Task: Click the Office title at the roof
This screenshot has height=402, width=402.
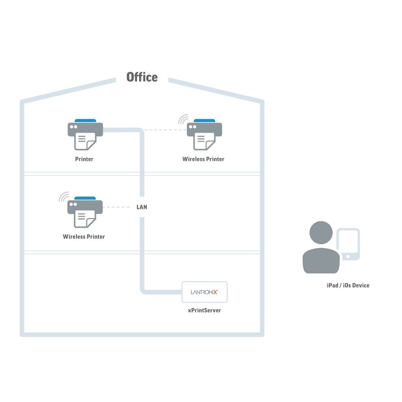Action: point(142,77)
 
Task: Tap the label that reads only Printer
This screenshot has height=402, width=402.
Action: point(84,159)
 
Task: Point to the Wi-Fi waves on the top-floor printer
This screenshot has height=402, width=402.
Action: point(183,120)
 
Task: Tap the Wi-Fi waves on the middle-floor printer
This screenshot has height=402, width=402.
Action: point(63,197)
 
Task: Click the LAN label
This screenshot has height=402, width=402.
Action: point(142,207)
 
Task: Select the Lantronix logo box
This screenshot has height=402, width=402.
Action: point(205,292)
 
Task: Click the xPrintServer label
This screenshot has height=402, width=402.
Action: point(205,311)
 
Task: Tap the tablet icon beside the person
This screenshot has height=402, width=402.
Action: point(348,245)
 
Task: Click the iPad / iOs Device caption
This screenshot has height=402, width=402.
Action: point(348,285)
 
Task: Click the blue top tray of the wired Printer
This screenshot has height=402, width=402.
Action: point(85,121)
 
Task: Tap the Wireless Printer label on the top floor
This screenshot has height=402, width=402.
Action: point(203,159)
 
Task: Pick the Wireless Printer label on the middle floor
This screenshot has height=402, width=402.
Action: point(84,236)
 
